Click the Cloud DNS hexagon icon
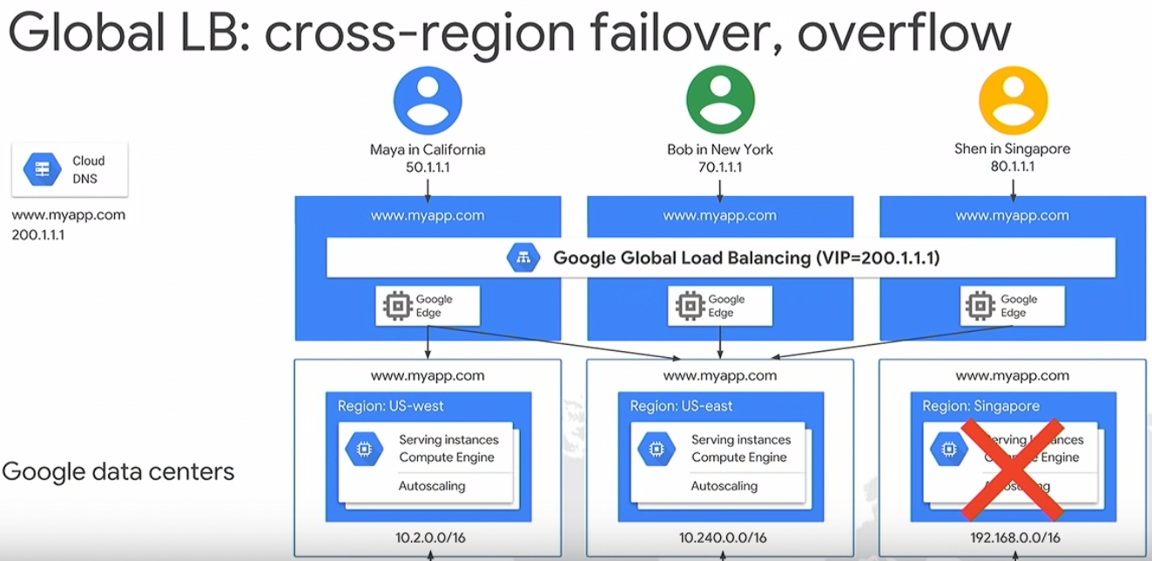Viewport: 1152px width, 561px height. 42,169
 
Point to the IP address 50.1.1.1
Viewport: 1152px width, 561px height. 428,166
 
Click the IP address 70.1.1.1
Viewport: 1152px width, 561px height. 720,166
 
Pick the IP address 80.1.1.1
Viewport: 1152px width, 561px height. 1013,166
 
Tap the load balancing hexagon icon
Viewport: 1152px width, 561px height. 524,258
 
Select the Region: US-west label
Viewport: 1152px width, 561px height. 391,406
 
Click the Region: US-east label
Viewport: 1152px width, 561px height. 682,406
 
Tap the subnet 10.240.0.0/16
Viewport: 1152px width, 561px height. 720,537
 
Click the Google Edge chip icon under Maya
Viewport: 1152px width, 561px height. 398,306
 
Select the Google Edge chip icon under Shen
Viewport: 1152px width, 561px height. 982,306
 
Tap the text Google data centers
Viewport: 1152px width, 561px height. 118,471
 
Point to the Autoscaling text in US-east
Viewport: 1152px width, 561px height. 724,485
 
